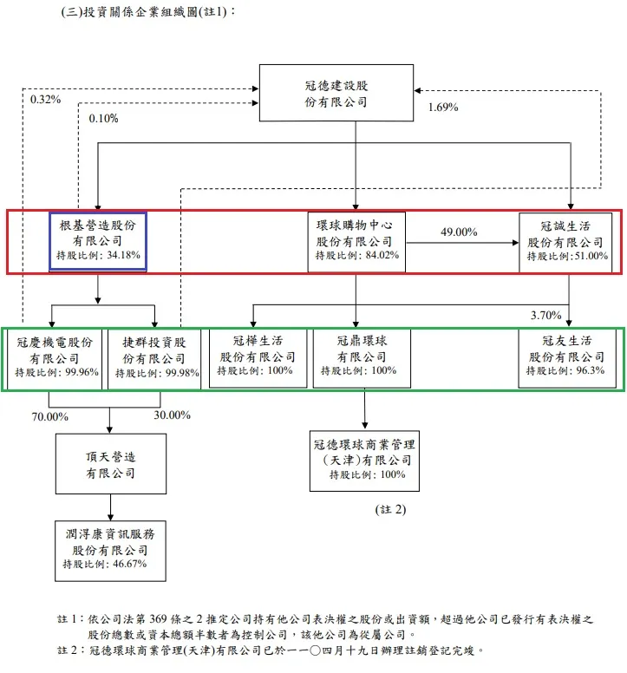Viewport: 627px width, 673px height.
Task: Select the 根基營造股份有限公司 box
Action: pyautogui.click(x=97, y=240)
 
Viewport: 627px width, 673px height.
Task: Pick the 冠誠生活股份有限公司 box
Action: pyautogui.click(x=565, y=242)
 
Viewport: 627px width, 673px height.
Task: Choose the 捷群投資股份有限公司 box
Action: pyautogui.click(x=153, y=357)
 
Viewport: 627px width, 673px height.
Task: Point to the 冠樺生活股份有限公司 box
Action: pyautogui.click(x=258, y=356)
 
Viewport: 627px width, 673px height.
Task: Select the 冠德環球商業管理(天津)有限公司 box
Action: pyautogui.click(x=363, y=460)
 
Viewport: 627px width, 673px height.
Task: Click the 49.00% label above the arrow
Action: pyautogui.click(x=460, y=232)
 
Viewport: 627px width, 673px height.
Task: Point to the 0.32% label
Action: pyautogui.click(x=45, y=100)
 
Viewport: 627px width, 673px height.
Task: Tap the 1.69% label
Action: pyautogui.click(x=443, y=108)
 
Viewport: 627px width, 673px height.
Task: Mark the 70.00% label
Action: pyautogui.click(x=50, y=415)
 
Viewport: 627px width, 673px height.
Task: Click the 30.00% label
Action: pyautogui.click(x=172, y=415)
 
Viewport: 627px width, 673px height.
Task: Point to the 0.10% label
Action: pyautogui.click(x=103, y=119)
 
